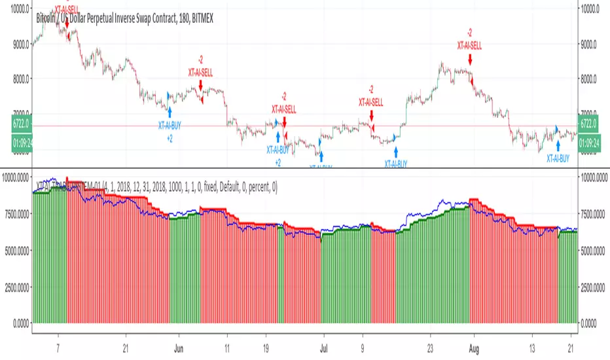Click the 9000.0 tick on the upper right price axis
(592, 45)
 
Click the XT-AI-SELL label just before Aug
(469, 45)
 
